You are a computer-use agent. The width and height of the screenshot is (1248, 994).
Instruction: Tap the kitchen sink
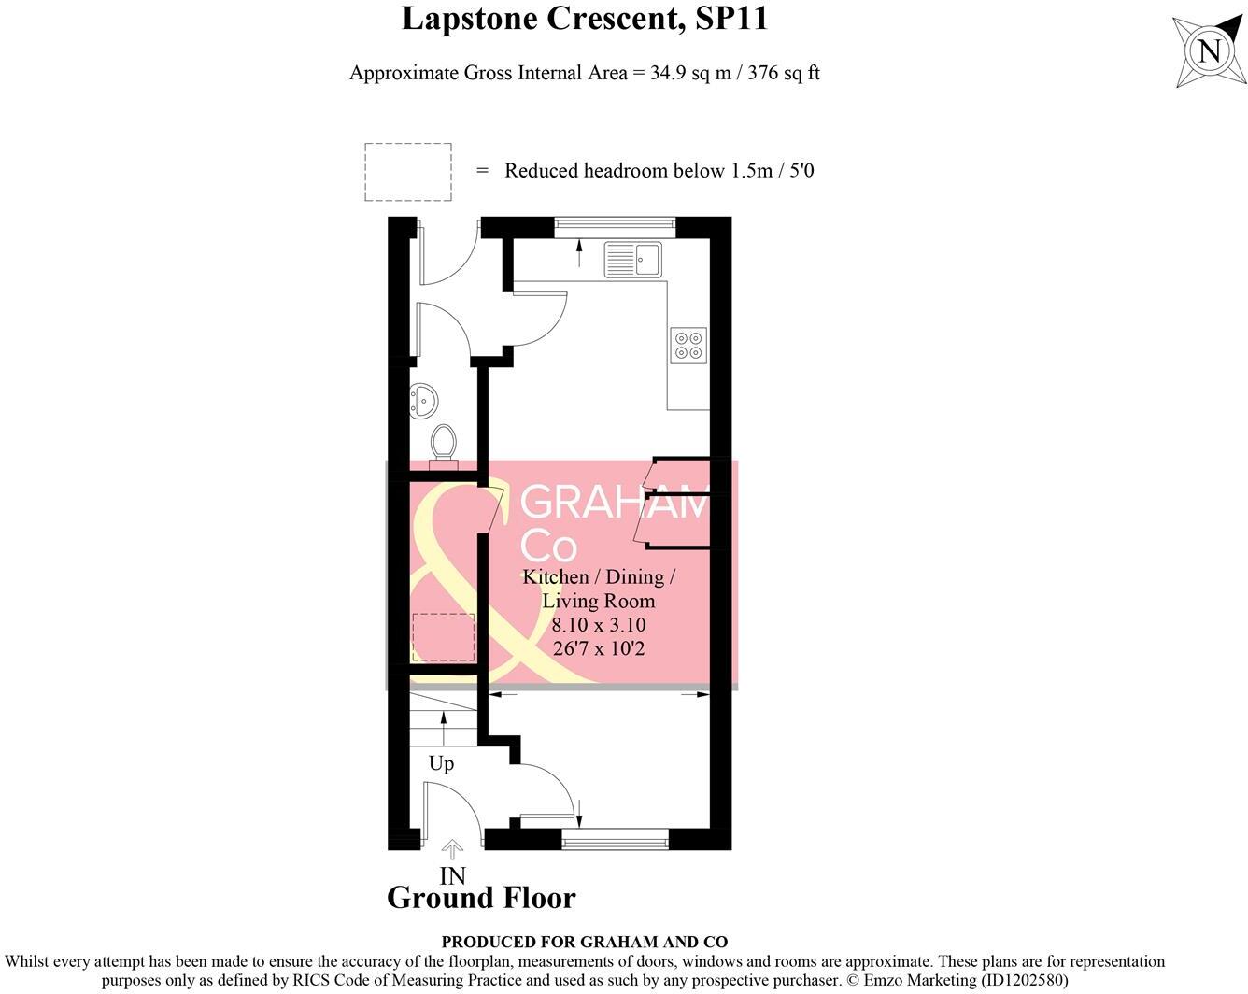click(632, 259)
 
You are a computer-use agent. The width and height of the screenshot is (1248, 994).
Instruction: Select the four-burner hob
click(688, 345)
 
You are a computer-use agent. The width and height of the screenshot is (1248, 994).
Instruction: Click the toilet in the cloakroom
click(444, 444)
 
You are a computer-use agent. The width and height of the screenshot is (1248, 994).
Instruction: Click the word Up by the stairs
click(441, 763)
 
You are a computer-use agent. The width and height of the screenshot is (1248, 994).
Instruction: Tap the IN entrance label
click(452, 875)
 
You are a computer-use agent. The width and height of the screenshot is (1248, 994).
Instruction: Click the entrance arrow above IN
click(452, 849)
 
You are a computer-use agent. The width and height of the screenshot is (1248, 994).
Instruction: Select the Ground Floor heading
click(481, 898)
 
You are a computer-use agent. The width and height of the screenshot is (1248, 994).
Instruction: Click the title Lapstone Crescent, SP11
click(585, 19)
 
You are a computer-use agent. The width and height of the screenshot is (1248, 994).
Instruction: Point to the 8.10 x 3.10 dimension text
click(598, 625)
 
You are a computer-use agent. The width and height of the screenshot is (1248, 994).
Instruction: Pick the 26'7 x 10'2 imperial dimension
click(598, 648)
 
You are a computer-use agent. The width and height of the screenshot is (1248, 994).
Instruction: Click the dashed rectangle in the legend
click(408, 172)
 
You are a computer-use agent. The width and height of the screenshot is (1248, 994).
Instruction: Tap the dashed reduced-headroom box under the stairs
click(444, 637)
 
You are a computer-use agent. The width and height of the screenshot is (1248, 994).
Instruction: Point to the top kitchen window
click(614, 223)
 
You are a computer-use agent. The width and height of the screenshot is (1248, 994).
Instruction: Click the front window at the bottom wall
click(615, 840)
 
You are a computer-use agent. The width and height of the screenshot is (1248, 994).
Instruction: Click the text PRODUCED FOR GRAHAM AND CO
click(585, 942)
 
